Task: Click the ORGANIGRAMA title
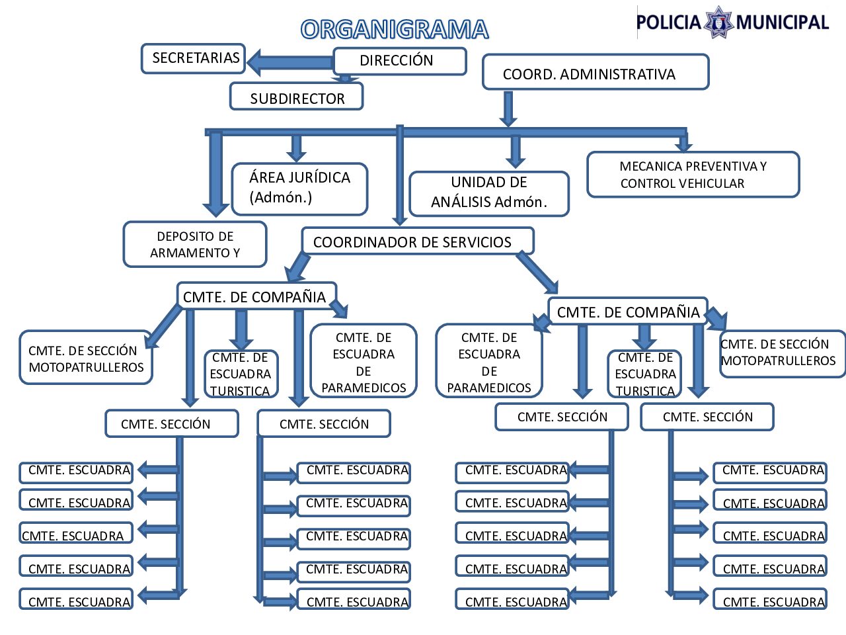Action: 395,30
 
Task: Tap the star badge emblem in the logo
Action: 718,22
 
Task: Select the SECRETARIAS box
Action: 194,58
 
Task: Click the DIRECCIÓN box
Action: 399,61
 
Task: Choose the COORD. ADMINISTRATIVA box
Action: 595,73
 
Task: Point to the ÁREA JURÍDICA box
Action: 299,189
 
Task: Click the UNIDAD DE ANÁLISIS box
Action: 489,193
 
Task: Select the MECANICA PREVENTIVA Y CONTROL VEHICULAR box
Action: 693,175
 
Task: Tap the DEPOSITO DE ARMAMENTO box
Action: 195,244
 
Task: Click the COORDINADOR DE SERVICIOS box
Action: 417,241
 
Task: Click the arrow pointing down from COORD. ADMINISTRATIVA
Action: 508,108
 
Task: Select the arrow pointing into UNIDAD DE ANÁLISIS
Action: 516,151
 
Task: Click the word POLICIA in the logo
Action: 668,23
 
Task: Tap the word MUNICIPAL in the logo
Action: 782,23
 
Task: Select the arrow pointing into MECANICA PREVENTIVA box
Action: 683,142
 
